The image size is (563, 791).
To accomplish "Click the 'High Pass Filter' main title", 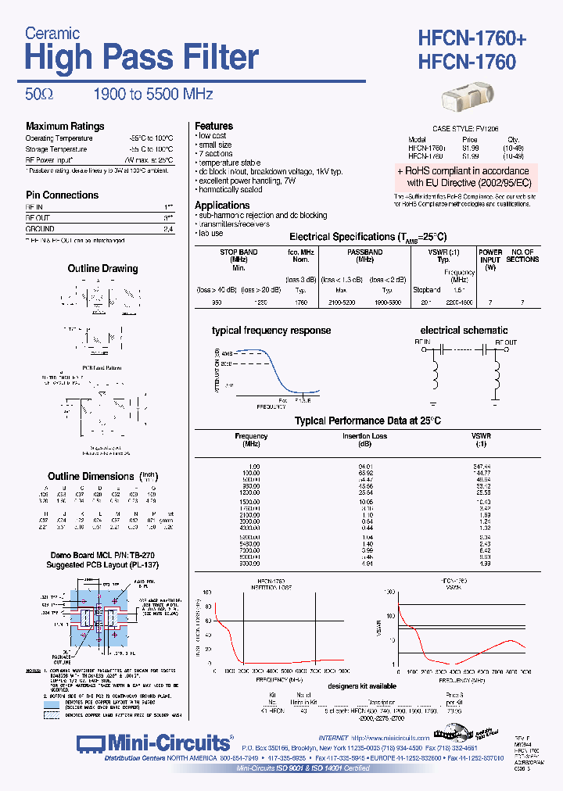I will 142,58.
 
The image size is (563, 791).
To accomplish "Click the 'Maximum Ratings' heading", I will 65,127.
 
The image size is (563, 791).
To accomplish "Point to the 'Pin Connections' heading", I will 62,195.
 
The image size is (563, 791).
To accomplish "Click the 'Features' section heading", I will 213,126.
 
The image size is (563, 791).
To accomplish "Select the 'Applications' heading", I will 222,206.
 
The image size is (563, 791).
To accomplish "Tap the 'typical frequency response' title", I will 271,331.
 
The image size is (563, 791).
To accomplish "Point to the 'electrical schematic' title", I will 464,331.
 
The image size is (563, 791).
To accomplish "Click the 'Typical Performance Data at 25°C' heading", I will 368,421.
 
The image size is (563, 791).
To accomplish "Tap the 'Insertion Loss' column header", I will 364,436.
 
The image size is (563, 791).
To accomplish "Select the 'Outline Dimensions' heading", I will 91,476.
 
